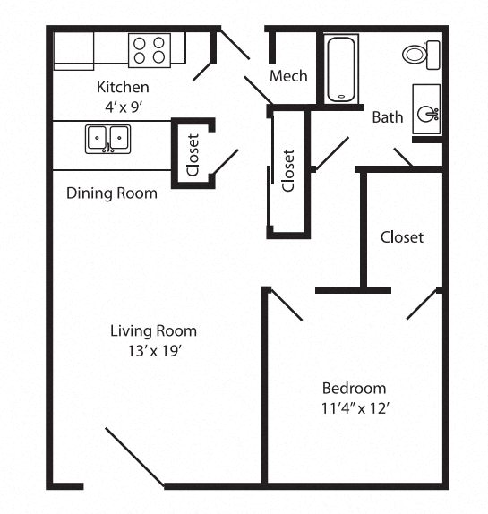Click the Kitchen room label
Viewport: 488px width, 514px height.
click(123, 88)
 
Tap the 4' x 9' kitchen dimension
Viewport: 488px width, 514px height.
click(123, 105)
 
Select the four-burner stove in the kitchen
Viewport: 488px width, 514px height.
click(150, 50)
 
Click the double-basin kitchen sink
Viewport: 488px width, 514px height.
click(107, 139)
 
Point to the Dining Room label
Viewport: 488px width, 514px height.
click(112, 193)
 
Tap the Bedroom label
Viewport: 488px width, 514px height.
click(354, 388)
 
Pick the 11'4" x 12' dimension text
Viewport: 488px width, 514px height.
click(354, 407)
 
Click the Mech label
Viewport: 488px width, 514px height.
click(288, 76)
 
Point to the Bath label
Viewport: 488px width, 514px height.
click(388, 116)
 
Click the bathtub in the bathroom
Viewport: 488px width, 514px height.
click(341, 69)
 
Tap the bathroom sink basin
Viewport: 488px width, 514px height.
click(428, 111)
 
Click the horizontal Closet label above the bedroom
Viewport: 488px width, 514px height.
click(402, 237)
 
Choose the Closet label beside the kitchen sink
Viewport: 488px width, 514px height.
click(193, 153)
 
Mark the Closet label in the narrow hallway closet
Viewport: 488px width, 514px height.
click(287, 169)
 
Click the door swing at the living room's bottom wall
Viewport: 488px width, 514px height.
click(134, 458)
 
